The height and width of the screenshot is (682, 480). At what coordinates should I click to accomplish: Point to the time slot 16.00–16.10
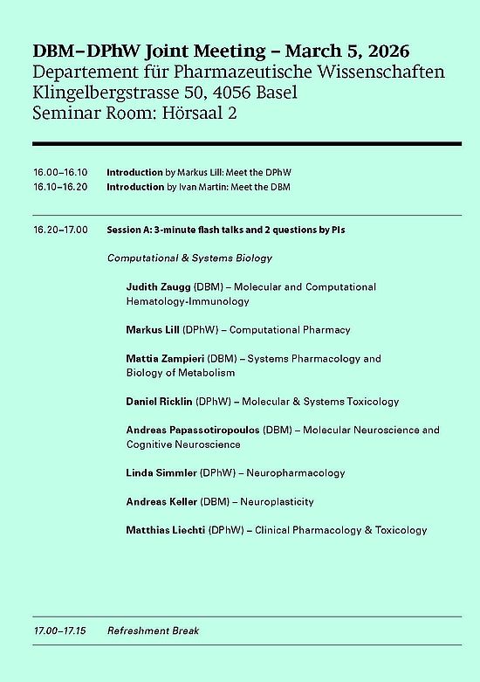(x=60, y=173)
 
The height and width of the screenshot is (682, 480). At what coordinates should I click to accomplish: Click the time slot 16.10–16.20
(x=60, y=187)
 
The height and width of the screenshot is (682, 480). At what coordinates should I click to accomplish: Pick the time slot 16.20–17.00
(x=60, y=230)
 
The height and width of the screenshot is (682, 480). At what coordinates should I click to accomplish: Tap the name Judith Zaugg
(x=152, y=286)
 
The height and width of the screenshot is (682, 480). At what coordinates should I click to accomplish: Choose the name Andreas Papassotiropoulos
(x=193, y=430)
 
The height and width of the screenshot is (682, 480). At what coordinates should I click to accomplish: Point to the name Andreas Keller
(x=161, y=502)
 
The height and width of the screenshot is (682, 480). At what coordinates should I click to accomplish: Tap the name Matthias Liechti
(x=166, y=530)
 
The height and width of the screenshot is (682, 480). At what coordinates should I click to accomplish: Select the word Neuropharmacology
(x=296, y=473)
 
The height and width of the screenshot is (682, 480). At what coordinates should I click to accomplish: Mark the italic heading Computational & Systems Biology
(x=189, y=258)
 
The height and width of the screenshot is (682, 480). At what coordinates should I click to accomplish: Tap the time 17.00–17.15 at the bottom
(x=60, y=630)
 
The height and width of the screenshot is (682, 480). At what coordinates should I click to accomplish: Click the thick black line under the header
(x=246, y=142)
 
